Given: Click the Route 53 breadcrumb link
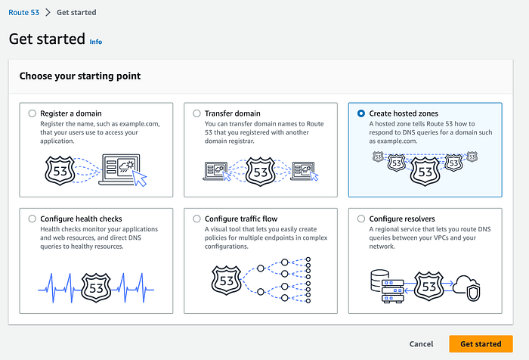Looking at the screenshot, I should pyautogui.click(x=23, y=13).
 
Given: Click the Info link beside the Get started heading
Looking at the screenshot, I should pyautogui.click(x=96, y=41).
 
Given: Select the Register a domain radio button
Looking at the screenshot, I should pyautogui.click(x=32, y=113).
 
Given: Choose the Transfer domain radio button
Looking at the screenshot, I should pyautogui.click(x=197, y=113).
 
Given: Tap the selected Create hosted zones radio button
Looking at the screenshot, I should pyautogui.click(x=360, y=113).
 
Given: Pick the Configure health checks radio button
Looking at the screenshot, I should pyautogui.click(x=32, y=219).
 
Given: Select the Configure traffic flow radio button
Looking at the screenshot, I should pyautogui.click(x=197, y=219).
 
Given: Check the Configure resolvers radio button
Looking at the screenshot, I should pyautogui.click(x=360, y=219).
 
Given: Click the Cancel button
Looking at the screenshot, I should pyautogui.click(x=421, y=344).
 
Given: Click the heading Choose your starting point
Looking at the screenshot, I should pyautogui.click(x=79, y=76).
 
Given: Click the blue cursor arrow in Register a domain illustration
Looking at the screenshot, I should pyautogui.click(x=138, y=179).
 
